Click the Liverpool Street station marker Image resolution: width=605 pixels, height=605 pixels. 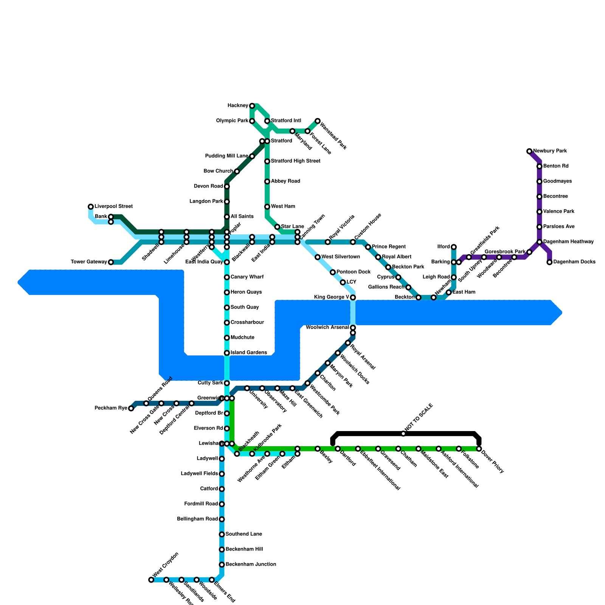tap(91, 206)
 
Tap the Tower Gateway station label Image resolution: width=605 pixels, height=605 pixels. tap(89, 262)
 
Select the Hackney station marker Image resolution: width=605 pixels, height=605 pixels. tap(252, 106)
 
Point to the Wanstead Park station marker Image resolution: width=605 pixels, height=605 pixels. tap(318, 121)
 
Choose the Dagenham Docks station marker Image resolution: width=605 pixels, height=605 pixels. tap(549, 262)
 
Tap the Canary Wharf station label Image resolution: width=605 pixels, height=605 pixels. tap(247, 277)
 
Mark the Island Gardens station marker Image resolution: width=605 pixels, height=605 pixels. tap(227, 353)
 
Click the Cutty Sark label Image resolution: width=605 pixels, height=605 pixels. tap(211, 383)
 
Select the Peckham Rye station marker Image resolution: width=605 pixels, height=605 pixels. tap(131, 408)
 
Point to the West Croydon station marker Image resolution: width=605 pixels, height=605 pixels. tap(151, 580)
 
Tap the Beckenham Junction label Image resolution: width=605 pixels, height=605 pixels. tap(251, 565)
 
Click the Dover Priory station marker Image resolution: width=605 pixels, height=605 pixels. tap(479, 449)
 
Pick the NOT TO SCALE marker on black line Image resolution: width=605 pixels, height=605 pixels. tap(403, 433)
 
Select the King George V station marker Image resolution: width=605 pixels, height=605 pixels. tap(353, 298)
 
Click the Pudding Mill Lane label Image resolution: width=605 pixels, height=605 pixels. tap(226, 156)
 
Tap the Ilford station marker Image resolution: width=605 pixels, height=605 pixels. tap(454, 247)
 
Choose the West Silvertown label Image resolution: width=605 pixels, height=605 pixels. tap(341, 257)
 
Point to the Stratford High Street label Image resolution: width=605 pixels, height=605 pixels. tap(296, 161)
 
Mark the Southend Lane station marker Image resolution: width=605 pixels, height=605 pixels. tap(222, 534)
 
